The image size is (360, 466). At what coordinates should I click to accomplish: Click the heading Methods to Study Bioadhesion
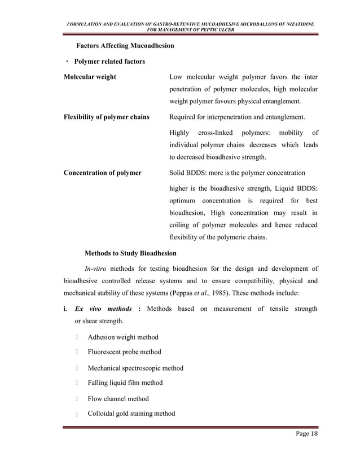point(130,252)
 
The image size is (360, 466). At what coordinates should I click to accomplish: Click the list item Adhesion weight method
point(122,337)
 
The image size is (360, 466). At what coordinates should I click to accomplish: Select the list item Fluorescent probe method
point(124,352)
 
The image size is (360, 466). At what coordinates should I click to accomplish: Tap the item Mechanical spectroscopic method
point(135,368)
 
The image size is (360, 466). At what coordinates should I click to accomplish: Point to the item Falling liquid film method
point(125,383)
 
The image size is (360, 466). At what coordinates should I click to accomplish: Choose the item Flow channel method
point(118,398)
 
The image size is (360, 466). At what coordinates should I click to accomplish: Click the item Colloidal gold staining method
point(131,414)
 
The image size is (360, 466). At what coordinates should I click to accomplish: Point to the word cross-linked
point(214,133)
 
